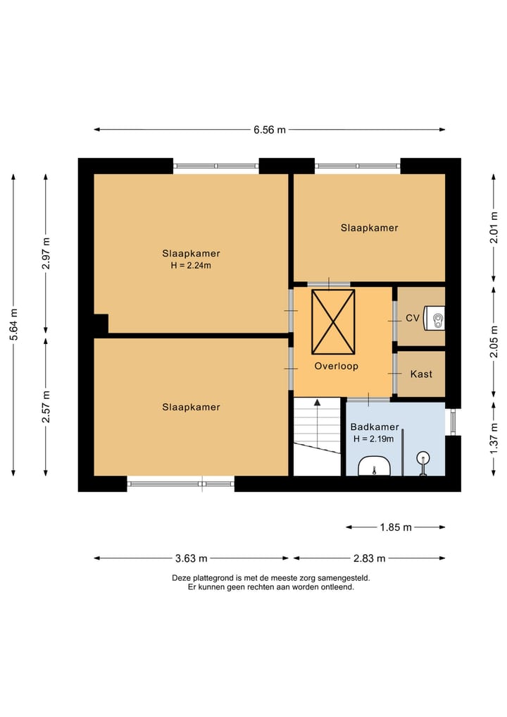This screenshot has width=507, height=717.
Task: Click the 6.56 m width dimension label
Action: point(270,130)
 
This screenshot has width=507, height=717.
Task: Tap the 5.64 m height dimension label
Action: point(13,325)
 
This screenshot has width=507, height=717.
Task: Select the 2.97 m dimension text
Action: point(46,253)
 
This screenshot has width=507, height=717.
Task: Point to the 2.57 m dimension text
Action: point(46,407)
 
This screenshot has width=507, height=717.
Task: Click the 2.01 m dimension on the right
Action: point(494,228)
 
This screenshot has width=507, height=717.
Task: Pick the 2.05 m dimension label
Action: point(494,342)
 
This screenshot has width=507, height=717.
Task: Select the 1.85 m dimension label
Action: point(396,527)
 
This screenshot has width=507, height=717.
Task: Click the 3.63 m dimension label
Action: point(191,558)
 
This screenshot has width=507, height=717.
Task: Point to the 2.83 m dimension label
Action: point(369,558)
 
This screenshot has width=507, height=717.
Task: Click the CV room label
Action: point(413,318)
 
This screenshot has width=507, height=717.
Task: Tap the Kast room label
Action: point(421,374)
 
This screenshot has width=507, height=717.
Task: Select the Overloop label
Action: point(336,366)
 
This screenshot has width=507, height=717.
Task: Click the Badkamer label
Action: point(375,427)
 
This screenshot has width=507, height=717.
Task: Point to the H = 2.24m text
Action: point(191,265)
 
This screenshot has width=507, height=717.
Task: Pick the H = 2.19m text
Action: point(374,439)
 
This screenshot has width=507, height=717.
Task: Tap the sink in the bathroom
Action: point(374,467)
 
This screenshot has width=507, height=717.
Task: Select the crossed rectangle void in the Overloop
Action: point(334,322)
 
